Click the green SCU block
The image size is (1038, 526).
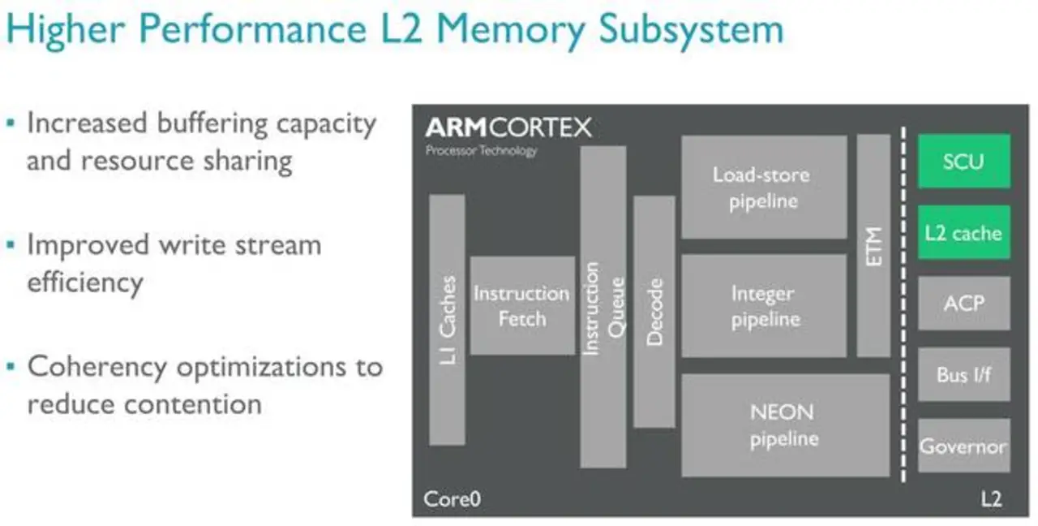[963, 161]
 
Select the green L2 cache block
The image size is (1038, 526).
[963, 232]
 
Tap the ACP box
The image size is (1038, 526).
[963, 303]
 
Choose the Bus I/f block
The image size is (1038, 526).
[963, 374]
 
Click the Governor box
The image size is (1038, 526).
[963, 446]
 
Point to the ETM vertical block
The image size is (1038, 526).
[873, 245]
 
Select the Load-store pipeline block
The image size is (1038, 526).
[763, 187]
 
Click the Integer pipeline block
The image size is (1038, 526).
[763, 306]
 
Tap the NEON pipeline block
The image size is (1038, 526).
[784, 425]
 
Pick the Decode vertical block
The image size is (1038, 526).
[654, 312]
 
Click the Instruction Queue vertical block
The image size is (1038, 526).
[603, 307]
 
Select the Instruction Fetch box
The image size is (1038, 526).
[521, 305]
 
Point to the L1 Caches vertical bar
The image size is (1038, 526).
[447, 320]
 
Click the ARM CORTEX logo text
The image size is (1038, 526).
[508, 128]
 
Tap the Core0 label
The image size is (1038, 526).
[452, 498]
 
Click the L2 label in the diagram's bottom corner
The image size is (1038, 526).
[991, 498]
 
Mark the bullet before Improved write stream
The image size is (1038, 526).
[10, 244]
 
